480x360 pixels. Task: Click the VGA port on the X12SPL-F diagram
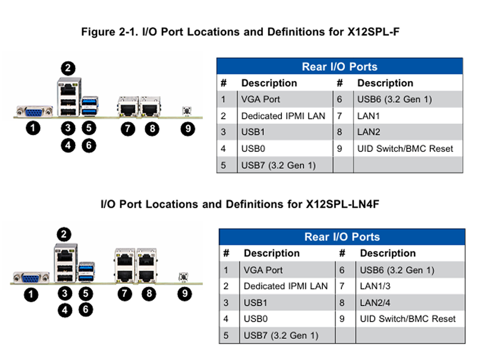click(x=34, y=112)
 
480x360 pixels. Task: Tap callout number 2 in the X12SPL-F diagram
click(x=68, y=68)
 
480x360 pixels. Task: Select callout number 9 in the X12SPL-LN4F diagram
click(x=185, y=294)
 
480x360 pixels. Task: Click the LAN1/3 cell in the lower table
click(x=375, y=286)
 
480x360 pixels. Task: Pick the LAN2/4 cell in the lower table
click(x=375, y=303)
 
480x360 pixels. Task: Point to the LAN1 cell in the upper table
click(x=368, y=116)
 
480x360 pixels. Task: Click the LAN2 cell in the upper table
click(x=369, y=132)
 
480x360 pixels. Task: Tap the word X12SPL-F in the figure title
click(x=373, y=32)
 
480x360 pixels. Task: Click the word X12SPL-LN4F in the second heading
click(x=343, y=204)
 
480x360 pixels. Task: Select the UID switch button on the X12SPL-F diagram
click(x=187, y=110)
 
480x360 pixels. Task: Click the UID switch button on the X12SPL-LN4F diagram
click(x=183, y=277)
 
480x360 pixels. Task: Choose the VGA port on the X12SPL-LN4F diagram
click(x=31, y=278)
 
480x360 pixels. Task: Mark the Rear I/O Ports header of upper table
click(x=340, y=67)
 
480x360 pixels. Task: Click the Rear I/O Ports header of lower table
click(x=342, y=236)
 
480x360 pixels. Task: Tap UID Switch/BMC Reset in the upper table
click(x=405, y=149)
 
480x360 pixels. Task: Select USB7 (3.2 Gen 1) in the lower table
click(x=281, y=335)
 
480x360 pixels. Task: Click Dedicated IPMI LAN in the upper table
click(x=283, y=116)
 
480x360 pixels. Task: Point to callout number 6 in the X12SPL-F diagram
click(x=89, y=145)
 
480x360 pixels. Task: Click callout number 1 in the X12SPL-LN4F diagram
click(x=31, y=295)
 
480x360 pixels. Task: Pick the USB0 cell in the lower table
click(x=256, y=319)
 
